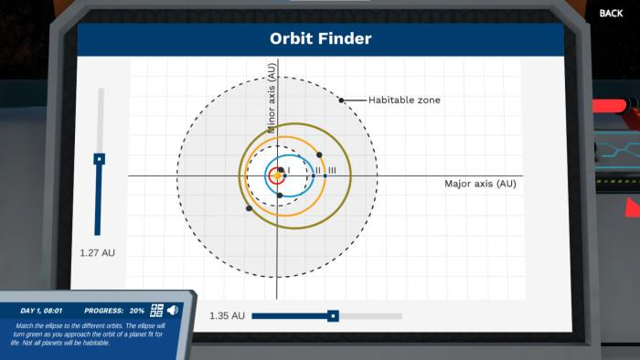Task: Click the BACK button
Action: click(x=611, y=13)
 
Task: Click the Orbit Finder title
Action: click(x=320, y=38)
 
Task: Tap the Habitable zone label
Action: click(x=404, y=100)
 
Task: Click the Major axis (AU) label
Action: click(x=481, y=184)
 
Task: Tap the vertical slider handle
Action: click(x=100, y=159)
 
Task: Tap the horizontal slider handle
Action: click(x=333, y=316)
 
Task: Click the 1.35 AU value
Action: click(x=227, y=316)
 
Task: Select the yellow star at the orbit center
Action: click(x=278, y=175)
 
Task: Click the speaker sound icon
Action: click(x=173, y=310)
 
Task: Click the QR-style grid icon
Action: click(x=156, y=310)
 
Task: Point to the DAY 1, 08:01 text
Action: click(x=40, y=311)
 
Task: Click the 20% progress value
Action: click(x=136, y=311)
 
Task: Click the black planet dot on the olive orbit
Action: click(x=249, y=208)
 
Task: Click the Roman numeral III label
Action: click(x=332, y=171)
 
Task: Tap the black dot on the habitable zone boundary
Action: click(x=342, y=100)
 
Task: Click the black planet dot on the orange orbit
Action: click(x=320, y=154)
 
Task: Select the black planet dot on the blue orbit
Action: click(x=281, y=196)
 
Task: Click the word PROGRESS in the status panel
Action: click(x=103, y=311)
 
